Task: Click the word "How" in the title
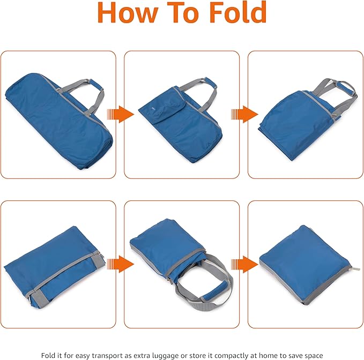click(x=128, y=12)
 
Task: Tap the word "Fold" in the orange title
click(x=238, y=12)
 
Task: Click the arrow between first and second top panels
click(x=121, y=114)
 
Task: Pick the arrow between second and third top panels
click(x=244, y=114)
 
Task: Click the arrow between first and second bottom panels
click(x=121, y=264)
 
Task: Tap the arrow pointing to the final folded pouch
click(x=244, y=264)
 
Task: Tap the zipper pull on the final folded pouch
click(x=356, y=269)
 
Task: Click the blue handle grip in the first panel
click(x=96, y=85)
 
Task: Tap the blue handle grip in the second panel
click(x=211, y=83)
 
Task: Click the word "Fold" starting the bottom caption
click(x=48, y=355)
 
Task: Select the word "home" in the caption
click(x=269, y=355)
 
